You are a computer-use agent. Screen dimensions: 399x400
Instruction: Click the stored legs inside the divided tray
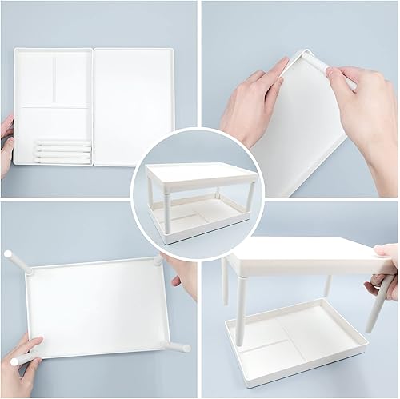coord(62,152)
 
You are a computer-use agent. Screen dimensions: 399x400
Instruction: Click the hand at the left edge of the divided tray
coord(6,144)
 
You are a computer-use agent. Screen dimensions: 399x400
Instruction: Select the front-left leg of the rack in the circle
coord(167,209)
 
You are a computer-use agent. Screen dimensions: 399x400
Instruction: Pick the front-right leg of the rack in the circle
coord(250,200)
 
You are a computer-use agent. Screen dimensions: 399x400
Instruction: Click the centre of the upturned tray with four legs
coord(96,308)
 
